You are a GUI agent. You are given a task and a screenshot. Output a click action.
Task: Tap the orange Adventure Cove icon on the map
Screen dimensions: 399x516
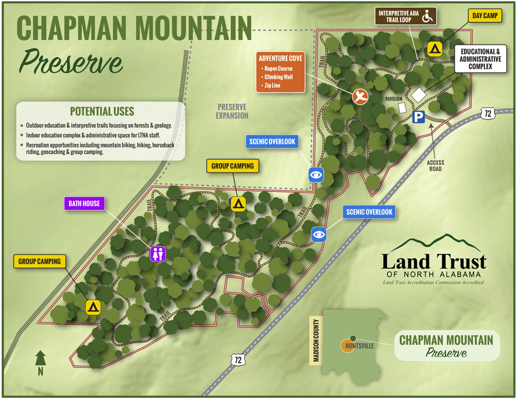point(361,96)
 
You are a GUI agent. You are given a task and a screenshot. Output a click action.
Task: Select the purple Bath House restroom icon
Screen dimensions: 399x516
point(158,254)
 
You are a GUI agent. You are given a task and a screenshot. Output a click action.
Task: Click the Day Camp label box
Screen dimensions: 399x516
point(484,15)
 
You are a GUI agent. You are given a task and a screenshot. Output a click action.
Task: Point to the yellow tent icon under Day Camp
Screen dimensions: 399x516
point(435,48)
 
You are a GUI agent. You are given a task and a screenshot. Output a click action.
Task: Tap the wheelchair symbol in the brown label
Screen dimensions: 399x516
point(427,16)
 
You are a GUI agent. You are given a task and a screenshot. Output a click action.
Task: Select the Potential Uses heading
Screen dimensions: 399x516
point(102,110)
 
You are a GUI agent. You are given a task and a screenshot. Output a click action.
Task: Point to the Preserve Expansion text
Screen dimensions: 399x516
point(232,111)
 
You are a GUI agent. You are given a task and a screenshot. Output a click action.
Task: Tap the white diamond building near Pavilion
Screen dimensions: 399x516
point(419,94)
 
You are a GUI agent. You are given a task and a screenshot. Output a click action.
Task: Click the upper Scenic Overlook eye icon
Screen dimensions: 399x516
point(315,174)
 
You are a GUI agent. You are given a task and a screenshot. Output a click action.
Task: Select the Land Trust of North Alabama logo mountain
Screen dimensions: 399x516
point(433,243)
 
